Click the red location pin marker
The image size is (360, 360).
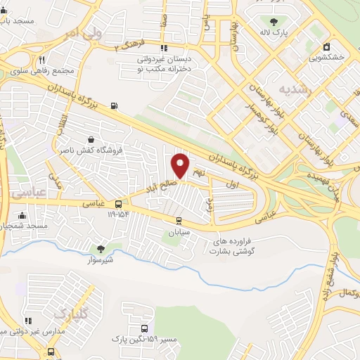181,165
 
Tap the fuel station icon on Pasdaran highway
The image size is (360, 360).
114,107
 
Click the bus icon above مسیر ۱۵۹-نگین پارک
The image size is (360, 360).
144,328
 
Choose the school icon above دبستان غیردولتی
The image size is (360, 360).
165,49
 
